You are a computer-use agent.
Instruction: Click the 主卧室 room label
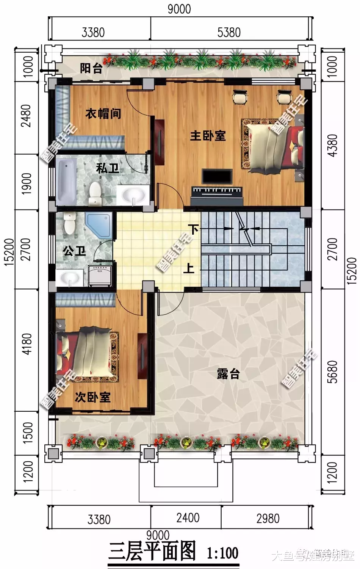click(208, 135)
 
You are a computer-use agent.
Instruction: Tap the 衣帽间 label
click(103, 113)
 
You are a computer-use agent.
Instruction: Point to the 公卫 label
click(74, 251)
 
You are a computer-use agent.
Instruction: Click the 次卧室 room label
click(92, 397)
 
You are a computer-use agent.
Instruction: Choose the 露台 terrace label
click(228, 374)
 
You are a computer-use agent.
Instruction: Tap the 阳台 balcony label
click(91, 68)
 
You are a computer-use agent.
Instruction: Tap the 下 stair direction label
click(194, 229)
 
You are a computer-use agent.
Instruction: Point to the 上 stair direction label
click(189, 268)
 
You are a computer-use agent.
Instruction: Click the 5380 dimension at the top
click(229, 32)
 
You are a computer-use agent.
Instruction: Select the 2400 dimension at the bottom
click(188, 518)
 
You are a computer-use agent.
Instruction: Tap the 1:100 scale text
click(223, 553)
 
